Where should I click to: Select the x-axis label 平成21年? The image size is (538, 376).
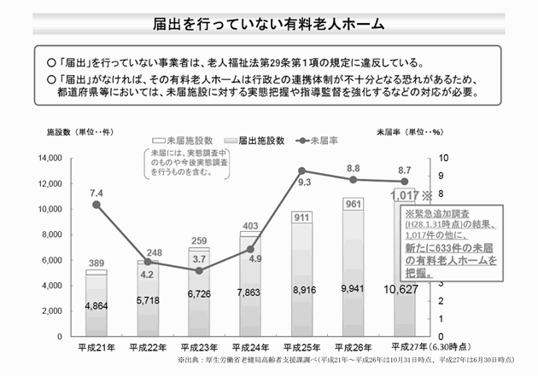(97, 348)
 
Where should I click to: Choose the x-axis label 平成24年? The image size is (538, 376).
(251, 348)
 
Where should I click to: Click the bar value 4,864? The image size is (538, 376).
(97, 305)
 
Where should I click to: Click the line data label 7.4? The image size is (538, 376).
(96, 193)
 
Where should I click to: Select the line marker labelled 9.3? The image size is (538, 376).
(302, 171)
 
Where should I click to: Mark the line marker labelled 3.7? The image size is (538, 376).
(200, 271)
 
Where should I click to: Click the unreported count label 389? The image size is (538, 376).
(96, 264)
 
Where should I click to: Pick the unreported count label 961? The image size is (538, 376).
(354, 204)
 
